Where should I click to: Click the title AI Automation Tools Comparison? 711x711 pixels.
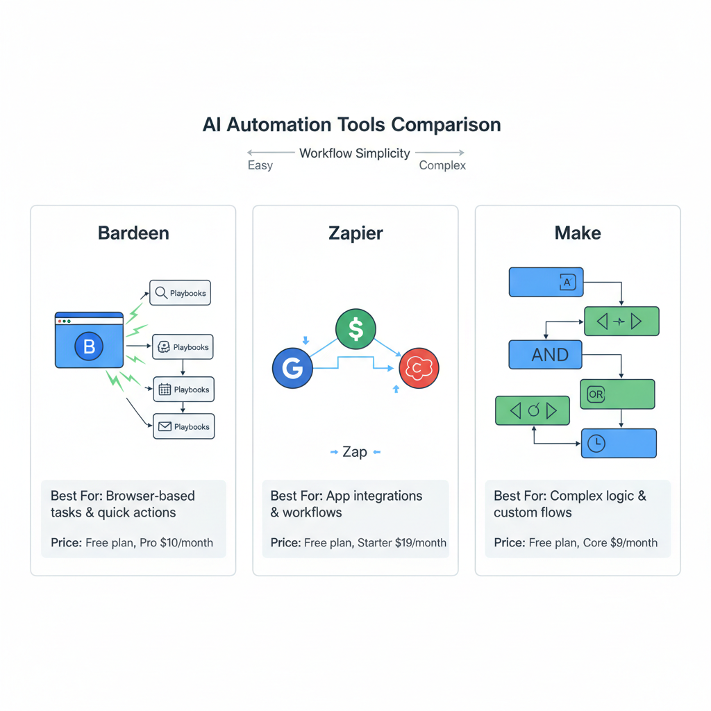(351, 125)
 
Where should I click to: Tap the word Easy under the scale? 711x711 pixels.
(260, 166)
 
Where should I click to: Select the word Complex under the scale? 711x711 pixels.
(442, 166)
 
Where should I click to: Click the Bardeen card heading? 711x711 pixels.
(133, 233)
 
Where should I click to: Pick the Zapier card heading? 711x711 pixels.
(355, 233)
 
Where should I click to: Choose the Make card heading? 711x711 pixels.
(577, 233)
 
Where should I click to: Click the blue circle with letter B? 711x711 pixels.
(89, 346)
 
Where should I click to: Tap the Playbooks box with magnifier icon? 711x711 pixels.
(180, 293)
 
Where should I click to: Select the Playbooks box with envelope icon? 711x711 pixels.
(183, 427)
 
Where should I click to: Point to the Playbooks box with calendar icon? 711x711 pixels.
(183, 390)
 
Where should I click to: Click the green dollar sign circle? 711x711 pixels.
(355, 329)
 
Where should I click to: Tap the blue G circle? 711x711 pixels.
(292, 369)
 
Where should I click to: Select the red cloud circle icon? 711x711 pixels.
(419, 368)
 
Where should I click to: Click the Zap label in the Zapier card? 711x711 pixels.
(355, 452)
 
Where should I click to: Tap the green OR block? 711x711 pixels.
(617, 394)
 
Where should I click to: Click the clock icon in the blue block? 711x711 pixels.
(596, 443)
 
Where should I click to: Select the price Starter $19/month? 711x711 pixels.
(401, 542)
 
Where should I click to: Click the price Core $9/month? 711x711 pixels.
(619, 542)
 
